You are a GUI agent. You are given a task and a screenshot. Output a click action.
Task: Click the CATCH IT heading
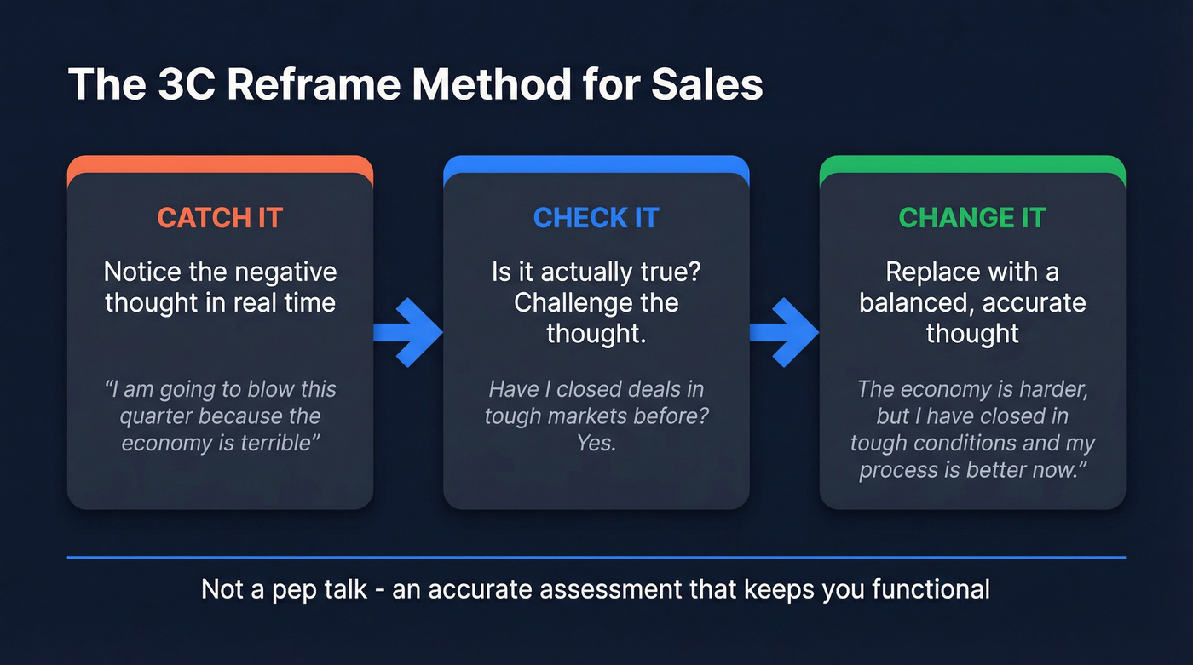pyautogui.click(x=220, y=217)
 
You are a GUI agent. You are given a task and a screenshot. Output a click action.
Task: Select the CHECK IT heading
pyautogui.click(x=596, y=217)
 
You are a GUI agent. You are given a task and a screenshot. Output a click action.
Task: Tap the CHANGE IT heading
pyautogui.click(x=972, y=217)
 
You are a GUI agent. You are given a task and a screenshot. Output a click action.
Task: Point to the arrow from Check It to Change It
pyautogui.click(x=785, y=332)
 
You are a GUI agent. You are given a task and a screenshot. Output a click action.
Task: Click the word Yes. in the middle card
pyautogui.click(x=596, y=443)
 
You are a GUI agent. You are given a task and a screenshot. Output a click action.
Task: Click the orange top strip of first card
pyautogui.click(x=220, y=163)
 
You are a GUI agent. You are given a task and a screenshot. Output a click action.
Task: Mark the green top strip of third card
pyautogui.click(x=972, y=163)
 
